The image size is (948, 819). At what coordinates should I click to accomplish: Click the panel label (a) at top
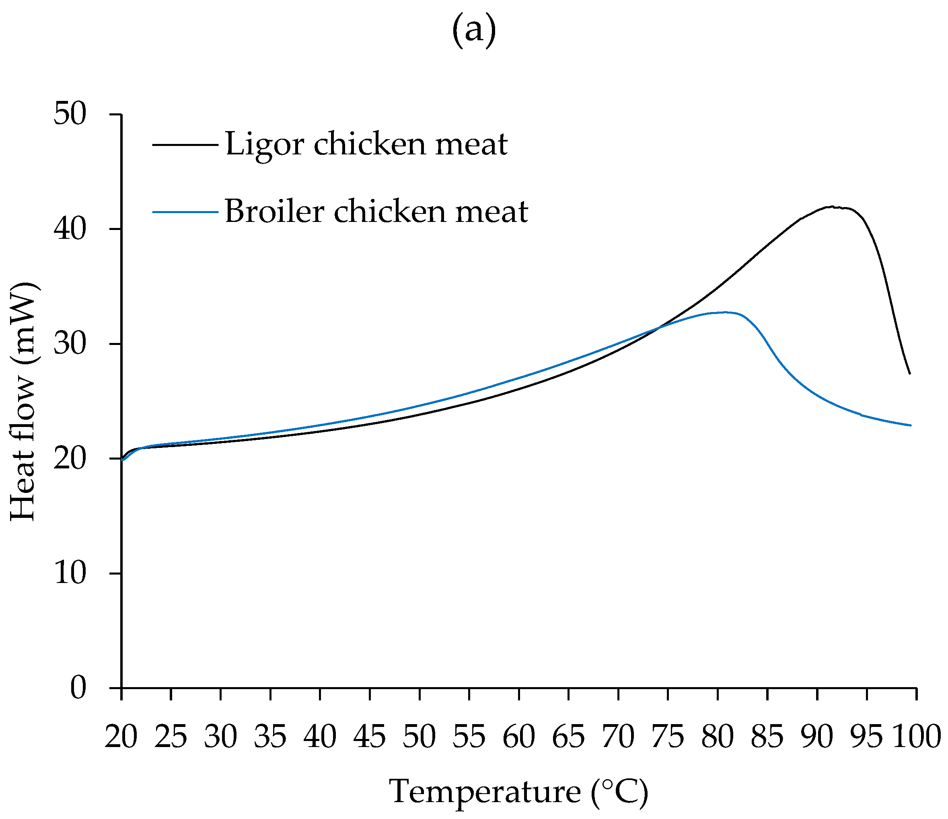pos(474,31)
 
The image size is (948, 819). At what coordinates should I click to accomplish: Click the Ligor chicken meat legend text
pos(366,144)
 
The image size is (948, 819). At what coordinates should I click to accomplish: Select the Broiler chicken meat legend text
pos(376,212)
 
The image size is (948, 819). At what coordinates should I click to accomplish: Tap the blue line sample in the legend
pos(185,212)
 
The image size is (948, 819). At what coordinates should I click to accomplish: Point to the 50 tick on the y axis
pos(70,114)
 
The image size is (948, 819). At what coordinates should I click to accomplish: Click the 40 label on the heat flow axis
pos(70,229)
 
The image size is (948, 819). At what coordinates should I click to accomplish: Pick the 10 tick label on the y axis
pos(70,573)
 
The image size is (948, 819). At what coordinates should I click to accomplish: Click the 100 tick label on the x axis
pos(917,737)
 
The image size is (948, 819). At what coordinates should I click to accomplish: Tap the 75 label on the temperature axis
pos(668,737)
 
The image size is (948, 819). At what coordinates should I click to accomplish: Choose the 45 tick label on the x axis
pos(370,737)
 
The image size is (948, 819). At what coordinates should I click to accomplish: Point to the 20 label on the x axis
pos(121,737)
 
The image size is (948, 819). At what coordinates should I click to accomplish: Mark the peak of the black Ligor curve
pos(831,207)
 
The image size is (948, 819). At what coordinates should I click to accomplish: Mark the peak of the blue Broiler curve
pos(724,312)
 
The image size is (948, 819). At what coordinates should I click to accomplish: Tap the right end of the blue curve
pos(911,425)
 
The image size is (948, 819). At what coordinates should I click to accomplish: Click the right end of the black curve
pos(909,373)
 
